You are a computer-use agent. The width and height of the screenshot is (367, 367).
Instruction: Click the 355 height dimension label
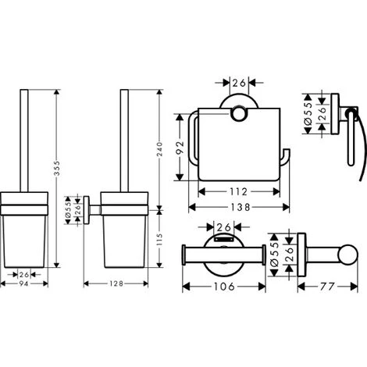[x=57, y=168]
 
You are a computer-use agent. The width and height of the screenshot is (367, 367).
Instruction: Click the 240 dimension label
[x=159, y=149]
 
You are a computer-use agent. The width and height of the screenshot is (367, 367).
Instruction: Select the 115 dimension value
[x=159, y=240]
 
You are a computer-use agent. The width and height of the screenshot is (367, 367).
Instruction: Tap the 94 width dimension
[x=23, y=283]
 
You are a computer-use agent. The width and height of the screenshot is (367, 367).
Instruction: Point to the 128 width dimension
[x=116, y=283]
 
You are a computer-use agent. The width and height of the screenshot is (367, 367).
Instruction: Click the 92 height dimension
[x=180, y=148]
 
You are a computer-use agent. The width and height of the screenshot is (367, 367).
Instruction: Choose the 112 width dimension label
[x=238, y=192]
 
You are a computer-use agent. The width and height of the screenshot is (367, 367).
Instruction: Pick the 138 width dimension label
[x=241, y=207]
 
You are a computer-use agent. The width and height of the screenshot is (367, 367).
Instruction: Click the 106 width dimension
[x=224, y=287]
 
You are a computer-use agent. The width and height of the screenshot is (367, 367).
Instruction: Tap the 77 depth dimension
[x=327, y=287]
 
